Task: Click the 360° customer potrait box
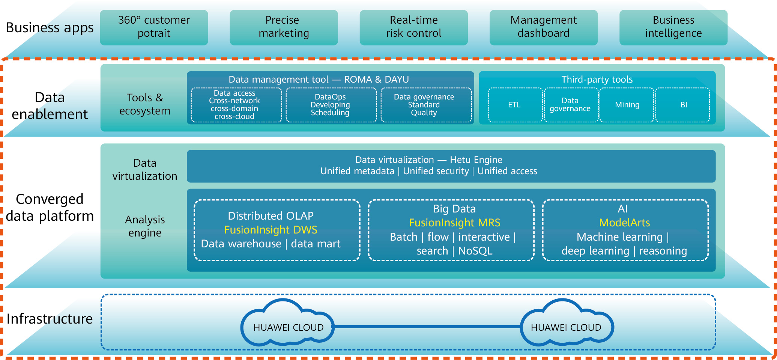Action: click(x=154, y=27)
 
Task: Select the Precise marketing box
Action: click(x=284, y=27)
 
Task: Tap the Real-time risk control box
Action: click(x=413, y=27)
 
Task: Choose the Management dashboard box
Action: click(x=543, y=27)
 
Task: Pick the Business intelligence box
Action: click(x=673, y=27)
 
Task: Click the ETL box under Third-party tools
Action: click(x=515, y=105)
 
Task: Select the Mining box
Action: click(x=627, y=105)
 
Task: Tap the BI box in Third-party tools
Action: click(x=683, y=105)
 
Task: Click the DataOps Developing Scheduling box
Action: click(x=331, y=105)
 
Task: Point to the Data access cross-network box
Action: click(x=236, y=105)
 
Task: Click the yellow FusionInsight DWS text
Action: click(x=271, y=230)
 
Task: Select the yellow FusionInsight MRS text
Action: click(x=454, y=223)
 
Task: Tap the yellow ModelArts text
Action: click(x=624, y=223)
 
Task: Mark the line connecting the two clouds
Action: click(x=427, y=327)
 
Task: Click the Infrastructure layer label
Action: click(x=50, y=319)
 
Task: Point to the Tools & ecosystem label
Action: click(x=145, y=104)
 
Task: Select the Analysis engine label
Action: click(x=145, y=226)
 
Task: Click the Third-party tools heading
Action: click(x=597, y=80)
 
